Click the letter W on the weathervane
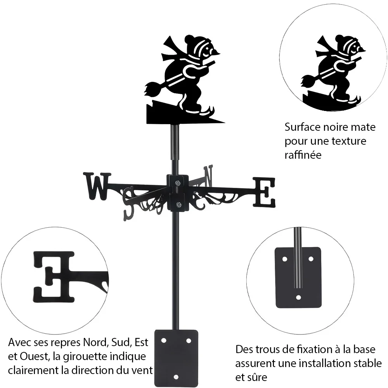tap(97, 186)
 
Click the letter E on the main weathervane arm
tap(264, 192)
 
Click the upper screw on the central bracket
tap(177, 183)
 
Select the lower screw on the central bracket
tap(178, 204)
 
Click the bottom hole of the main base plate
tap(176, 377)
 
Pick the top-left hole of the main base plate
tap(164, 341)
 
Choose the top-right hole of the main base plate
tap(189, 341)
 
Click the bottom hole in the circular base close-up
tap(298, 297)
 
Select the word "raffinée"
tap(303, 155)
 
